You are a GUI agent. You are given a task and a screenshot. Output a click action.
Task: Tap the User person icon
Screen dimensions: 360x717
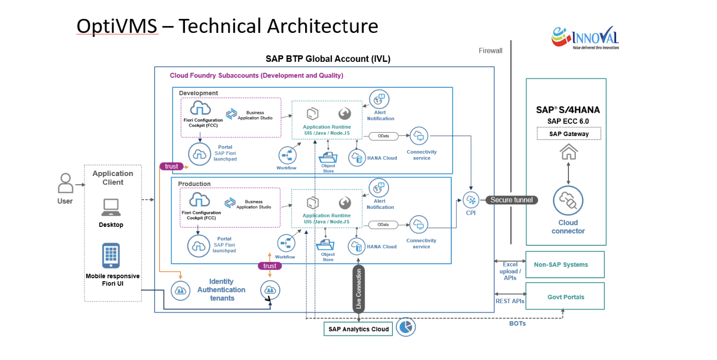pos(65,183)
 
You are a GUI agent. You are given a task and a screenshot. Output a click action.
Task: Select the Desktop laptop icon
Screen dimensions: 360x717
pos(111,207)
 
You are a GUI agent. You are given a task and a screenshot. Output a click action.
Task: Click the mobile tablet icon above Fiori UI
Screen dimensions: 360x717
pos(111,255)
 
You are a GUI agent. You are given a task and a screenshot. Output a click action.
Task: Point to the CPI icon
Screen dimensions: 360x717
pos(470,200)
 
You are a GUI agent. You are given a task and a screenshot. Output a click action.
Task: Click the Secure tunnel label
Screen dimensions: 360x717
pos(512,200)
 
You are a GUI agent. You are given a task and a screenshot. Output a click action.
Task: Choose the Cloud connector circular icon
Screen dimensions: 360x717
pos(568,201)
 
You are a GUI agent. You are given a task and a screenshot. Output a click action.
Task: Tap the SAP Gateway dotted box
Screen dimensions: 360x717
pos(568,134)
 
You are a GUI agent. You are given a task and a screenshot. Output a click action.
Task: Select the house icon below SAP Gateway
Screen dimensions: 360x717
pos(568,151)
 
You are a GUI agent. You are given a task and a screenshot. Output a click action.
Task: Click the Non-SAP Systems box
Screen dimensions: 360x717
pos(565,264)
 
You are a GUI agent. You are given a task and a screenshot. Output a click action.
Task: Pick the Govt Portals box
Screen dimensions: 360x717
pos(565,297)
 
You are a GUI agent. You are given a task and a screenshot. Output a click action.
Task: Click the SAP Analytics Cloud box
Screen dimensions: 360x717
pos(358,329)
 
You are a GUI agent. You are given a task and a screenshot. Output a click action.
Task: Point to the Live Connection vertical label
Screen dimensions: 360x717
pos(358,290)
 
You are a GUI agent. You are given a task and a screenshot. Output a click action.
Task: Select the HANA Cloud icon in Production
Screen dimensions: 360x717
pos(357,246)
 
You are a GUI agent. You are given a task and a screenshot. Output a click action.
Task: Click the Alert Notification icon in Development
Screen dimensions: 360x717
pos(379,99)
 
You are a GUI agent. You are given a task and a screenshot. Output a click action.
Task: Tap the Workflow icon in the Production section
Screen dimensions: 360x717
pos(286,243)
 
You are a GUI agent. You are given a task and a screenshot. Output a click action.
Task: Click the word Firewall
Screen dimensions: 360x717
pos(491,50)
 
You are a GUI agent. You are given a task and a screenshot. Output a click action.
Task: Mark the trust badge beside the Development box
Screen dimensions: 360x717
pos(171,166)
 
